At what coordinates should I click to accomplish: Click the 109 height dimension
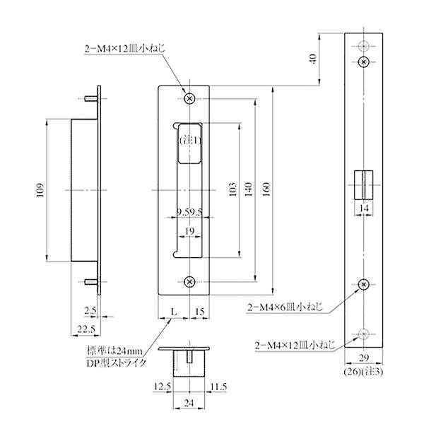(40, 190)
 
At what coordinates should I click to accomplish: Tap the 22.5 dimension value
(86, 329)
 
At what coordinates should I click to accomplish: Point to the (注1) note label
(189, 141)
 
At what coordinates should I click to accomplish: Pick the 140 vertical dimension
(248, 189)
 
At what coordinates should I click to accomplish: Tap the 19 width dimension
(189, 231)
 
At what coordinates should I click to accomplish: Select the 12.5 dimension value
(162, 387)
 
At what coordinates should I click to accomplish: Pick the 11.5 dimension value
(219, 387)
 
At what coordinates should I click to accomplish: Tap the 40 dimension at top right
(313, 60)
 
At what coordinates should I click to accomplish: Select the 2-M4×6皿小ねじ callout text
(285, 308)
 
